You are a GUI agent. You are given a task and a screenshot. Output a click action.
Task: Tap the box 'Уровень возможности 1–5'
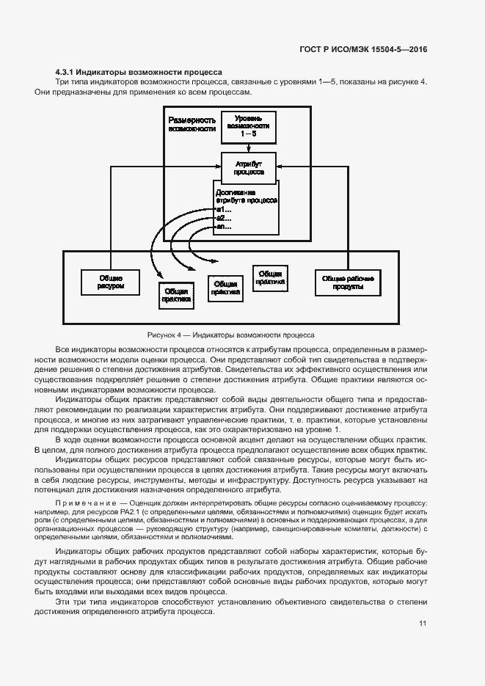click(x=248, y=127)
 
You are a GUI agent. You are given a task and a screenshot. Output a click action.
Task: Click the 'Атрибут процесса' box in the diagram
click(x=249, y=168)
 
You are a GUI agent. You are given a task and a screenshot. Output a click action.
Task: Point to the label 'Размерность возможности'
click(x=192, y=124)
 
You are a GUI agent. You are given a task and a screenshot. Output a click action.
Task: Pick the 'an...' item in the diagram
click(x=224, y=227)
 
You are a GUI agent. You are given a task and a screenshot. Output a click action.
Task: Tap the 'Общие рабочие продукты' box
click(x=349, y=282)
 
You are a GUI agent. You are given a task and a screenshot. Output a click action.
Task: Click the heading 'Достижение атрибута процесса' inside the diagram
click(x=246, y=196)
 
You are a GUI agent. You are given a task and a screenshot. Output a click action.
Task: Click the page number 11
click(x=423, y=624)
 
